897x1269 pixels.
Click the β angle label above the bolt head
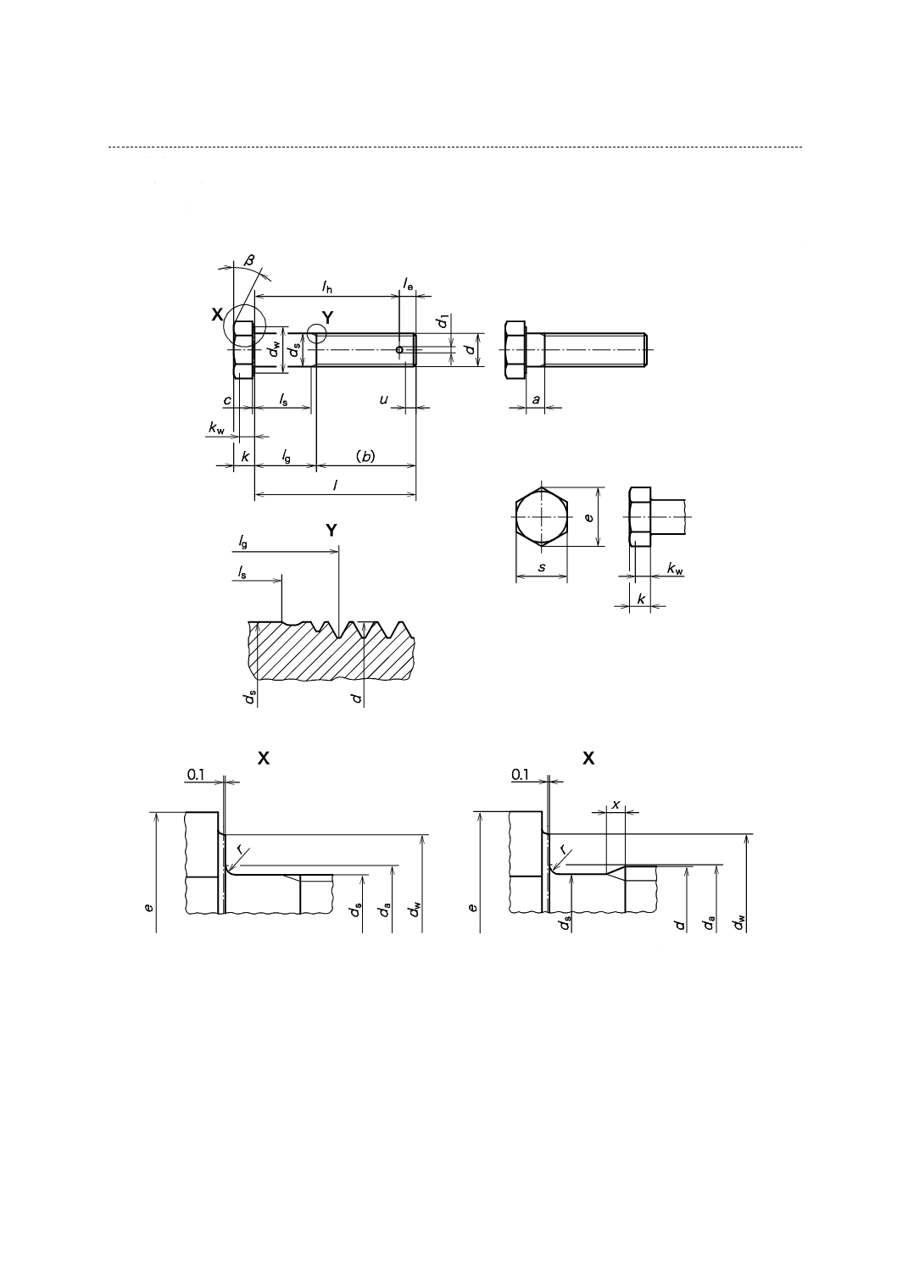[x=249, y=260]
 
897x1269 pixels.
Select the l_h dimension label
[x=327, y=287]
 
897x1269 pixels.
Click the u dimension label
[x=384, y=398]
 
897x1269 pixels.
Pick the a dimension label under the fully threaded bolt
[x=536, y=398]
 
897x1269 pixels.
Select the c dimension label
[x=226, y=399]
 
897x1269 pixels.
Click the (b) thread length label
[x=365, y=456]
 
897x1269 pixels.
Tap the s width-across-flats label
[x=542, y=567]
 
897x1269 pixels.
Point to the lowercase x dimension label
[x=616, y=802]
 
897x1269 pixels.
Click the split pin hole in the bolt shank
[x=399, y=349]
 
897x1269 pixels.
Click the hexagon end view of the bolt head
[x=541, y=515]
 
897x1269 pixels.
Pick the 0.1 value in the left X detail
[x=196, y=774]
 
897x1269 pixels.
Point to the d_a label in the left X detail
[x=386, y=910]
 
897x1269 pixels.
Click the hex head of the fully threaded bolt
[x=514, y=349]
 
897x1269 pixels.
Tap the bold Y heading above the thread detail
[x=331, y=530]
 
